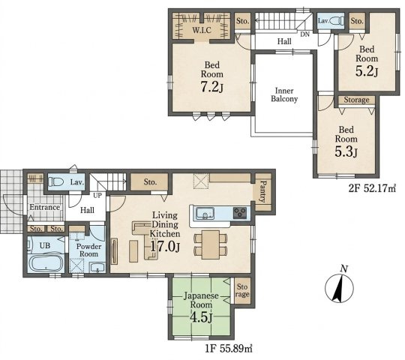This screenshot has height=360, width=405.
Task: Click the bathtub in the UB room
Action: (x=46, y=263)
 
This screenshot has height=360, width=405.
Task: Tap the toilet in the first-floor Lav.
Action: (x=56, y=181)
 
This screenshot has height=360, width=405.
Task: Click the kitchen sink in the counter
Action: (x=205, y=213)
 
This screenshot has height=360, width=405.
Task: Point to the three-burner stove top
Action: (x=240, y=213)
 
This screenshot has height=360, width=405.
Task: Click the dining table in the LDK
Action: (x=211, y=244)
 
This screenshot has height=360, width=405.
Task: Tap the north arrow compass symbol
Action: (x=339, y=287)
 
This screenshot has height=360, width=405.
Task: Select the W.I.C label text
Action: (x=202, y=30)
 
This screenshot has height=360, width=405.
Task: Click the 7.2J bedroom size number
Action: (x=211, y=87)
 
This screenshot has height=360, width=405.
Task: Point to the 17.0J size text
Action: (x=165, y=247)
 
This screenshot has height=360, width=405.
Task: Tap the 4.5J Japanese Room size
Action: (x=201, y=317)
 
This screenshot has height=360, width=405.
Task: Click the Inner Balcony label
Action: (x=284, y=94)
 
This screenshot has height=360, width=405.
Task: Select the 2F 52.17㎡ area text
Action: (x=372, y=189)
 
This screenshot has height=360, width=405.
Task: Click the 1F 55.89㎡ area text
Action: (x=229, y=349)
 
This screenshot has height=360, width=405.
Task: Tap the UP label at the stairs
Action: (x=97, y=196)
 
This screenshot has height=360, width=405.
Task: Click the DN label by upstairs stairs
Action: (x=305, y=34)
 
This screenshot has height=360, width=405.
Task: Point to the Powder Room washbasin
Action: (x=97, y=268)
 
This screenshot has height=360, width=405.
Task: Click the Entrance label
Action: (x=44, y=207)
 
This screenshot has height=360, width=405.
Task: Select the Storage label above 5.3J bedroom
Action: (x=356, y=100)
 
